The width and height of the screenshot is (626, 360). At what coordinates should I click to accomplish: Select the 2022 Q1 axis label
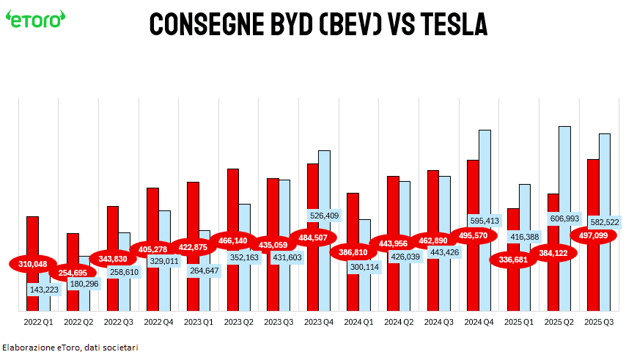tap(38, 321)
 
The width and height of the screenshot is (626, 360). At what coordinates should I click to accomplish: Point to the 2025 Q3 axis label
tap(599, 321)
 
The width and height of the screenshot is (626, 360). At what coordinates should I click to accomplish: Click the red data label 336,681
tap(513, 260)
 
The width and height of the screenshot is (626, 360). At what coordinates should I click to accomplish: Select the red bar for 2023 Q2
tap(233, 198)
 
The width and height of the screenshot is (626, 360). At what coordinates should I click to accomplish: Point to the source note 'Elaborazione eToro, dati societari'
tap(70, 348)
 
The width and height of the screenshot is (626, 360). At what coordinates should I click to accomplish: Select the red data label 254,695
tap(73, 273)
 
